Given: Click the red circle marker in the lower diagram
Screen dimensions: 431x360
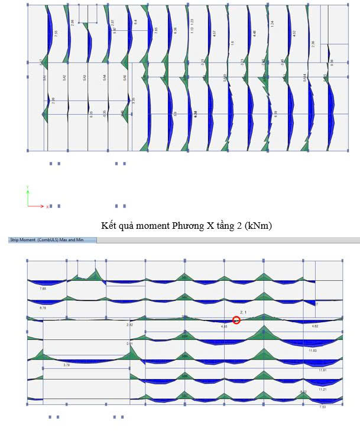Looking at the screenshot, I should coord(236,320).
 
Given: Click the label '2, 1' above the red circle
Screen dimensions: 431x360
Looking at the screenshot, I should coord(242,311).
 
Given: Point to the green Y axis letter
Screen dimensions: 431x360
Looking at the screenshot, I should coord(27,187).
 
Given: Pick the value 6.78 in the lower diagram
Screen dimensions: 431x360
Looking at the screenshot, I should coord(43,307).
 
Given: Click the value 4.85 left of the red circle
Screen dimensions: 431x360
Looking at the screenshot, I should coord(224,326).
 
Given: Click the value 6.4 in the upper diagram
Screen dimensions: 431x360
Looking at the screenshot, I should coord(135,22).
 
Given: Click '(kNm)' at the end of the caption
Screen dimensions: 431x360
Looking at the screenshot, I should coord(261,225).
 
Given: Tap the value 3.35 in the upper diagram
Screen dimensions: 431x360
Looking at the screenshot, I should coord(134,101).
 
